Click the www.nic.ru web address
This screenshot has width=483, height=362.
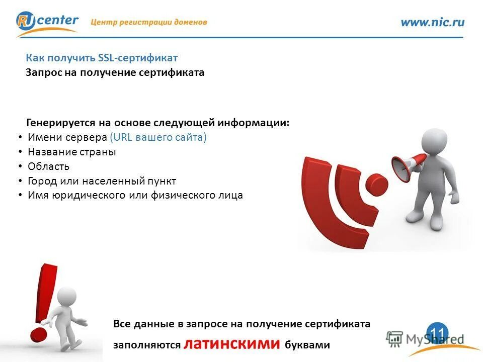pyautogui.click(x=432, y=22)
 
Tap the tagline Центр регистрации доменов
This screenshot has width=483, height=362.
pyautogui.click(x=149, y=22)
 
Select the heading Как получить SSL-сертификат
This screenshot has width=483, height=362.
pyautogui.click(x=102, y=58)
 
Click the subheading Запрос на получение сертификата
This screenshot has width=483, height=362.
pyautogui.click(x=115, y=73)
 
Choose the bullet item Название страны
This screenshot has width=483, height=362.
pyautogui.click(x=71, y=152)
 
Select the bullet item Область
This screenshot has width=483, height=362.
pyautogui.click(x=48, y=166)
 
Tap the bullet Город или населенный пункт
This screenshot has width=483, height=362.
pyautogui.click(x=102, y=181)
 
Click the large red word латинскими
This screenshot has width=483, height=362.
pyautogui.click(x=231, y=343)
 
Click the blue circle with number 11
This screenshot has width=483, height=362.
pyautogui.click(x=437, y=332)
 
